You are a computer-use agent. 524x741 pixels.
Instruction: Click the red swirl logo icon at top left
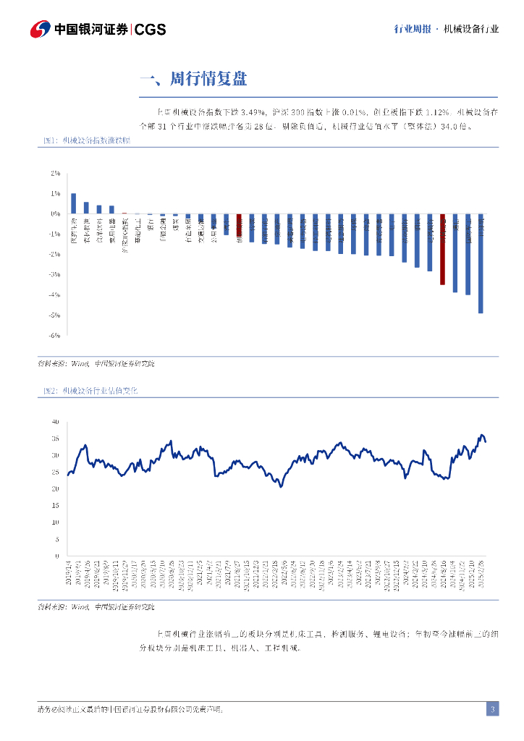click(x=39, y=29)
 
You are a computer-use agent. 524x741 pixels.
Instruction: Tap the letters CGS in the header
click(x=151, y=29)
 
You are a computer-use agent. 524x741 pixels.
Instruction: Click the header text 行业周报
click(x=412, y=29)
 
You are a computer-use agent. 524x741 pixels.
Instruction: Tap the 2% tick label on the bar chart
click(x=55, y=174)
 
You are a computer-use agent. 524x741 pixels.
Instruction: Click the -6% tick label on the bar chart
click(x=54, y=335)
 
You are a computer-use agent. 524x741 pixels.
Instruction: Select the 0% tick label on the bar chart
click(x=55, y=214)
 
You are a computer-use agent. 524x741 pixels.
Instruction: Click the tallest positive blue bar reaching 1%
click(x=73, y=204)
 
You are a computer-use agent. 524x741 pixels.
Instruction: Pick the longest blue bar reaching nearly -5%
click(x=481, y=263)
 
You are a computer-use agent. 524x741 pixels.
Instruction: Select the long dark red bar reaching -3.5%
click(x=442, y=250)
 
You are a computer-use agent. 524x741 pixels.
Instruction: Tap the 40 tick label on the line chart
click(x=55, y=421)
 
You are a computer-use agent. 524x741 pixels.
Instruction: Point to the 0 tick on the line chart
click(x=57, y=556)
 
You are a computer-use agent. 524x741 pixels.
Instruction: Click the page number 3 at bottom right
click(x=492, y=709)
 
